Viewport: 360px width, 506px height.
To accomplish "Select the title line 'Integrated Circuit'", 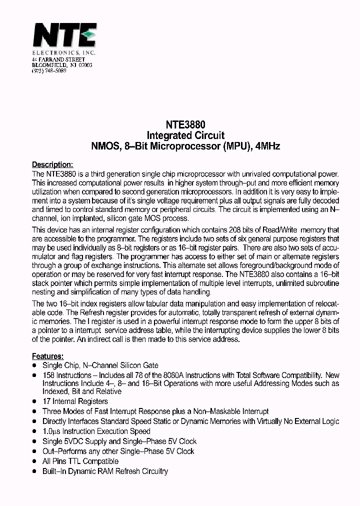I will [x=185, y=135].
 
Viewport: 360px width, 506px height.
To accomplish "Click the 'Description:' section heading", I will [x=52, y=164].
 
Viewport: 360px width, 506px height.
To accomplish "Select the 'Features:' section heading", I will [x=47, y=356].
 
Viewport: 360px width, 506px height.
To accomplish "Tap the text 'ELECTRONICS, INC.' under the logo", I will [x=64, y=52].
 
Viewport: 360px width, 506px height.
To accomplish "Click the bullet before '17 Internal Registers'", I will [x=34, y=401].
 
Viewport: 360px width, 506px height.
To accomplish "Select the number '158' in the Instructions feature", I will [x=48, y=375].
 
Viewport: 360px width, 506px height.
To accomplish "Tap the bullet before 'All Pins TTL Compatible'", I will [x=34, y=461].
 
